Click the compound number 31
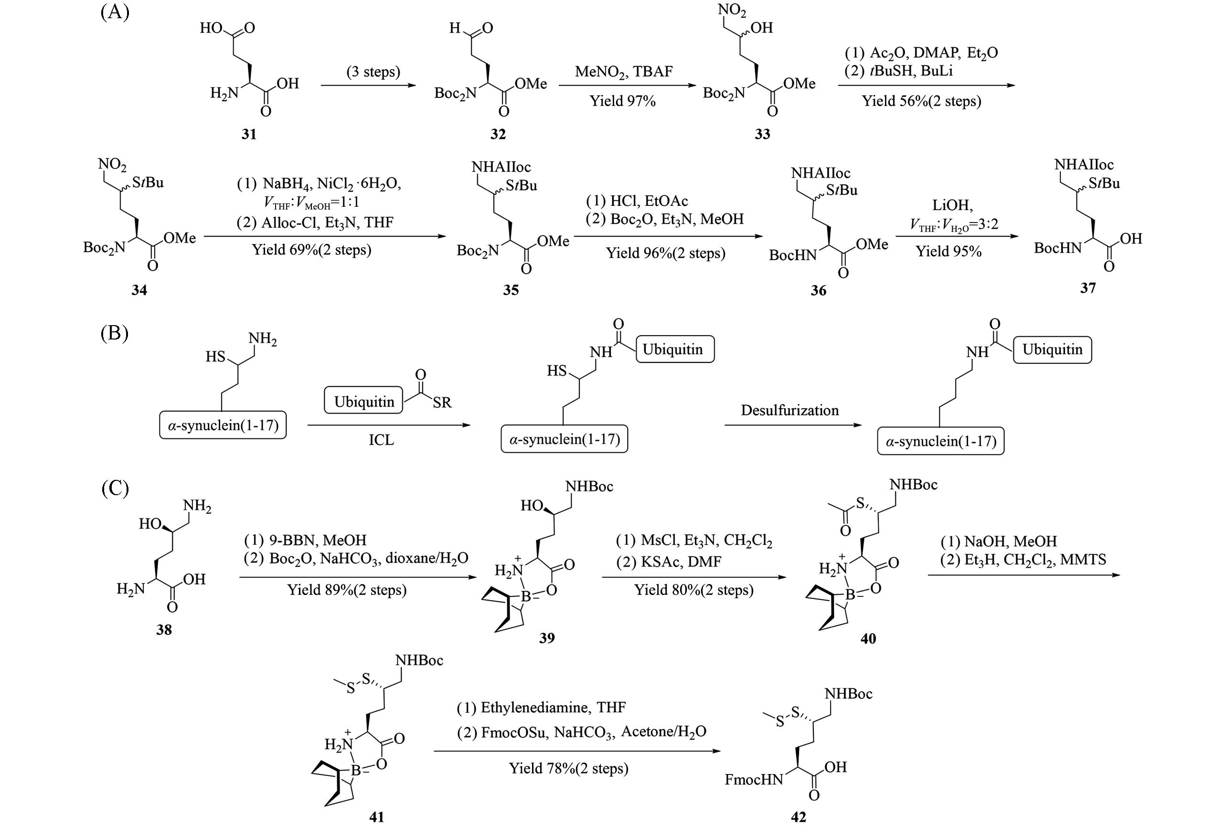pos(249,134)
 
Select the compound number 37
pos(1088,288)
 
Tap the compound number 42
pos(799,817)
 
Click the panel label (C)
pos(115,488)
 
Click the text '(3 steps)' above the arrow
pos(373,71)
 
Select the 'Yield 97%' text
pos(622,101)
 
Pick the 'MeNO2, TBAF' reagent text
pos(624,71)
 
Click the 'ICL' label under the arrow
pos(381,439)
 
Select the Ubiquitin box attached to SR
pos(364,402)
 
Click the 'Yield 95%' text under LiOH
pos(949,252)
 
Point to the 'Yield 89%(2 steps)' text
pos(347,590)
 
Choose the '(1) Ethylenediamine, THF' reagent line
pos(541,707)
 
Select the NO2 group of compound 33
pos(732,11)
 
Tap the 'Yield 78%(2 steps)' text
pos(568,768)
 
